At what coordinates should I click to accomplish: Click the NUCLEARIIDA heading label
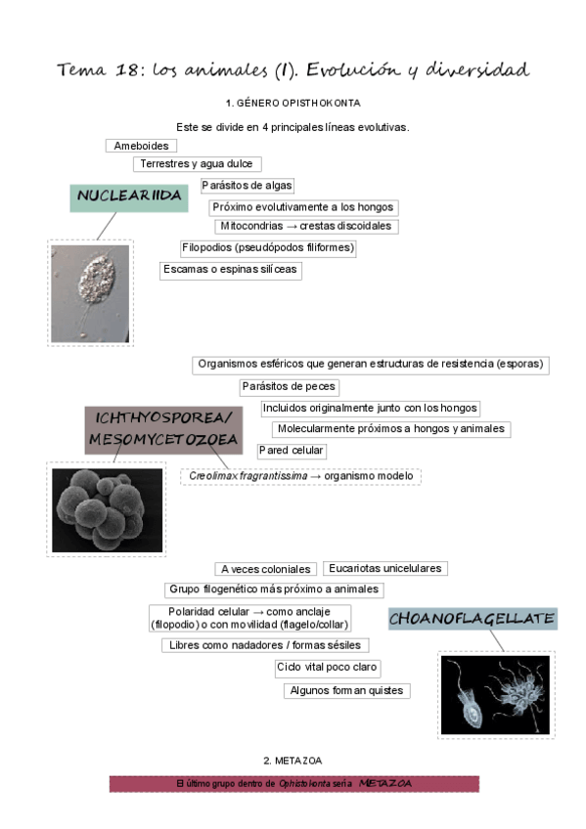130,196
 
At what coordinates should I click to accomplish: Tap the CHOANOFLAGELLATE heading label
473,619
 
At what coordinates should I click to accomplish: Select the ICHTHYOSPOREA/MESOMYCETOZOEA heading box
162,429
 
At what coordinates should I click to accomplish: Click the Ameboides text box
142,147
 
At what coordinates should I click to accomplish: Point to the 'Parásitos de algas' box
247,186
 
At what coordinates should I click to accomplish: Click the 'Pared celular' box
292,451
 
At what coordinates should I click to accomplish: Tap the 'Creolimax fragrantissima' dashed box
300,476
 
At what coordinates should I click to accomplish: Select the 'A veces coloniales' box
265,569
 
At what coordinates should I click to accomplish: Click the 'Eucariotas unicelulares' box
384,568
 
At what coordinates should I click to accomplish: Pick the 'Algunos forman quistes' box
346,690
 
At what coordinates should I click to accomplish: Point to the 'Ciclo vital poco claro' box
327,668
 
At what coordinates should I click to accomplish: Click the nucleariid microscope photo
90,293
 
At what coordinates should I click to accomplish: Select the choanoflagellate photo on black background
494,695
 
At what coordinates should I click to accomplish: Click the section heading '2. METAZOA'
293,760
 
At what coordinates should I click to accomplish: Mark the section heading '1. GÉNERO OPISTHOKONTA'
292,103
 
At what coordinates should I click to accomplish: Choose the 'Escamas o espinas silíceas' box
231,270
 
